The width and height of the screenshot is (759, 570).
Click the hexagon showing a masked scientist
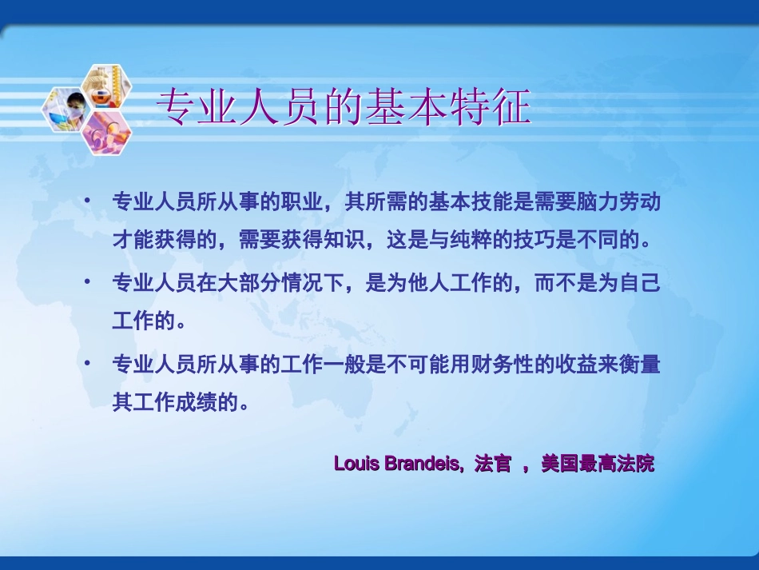tap(67, 110)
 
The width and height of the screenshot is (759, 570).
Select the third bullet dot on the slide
tap(88, 364)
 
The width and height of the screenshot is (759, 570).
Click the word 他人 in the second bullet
tap(435, 283)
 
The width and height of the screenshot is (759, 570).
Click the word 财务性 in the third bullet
tap(487, 365)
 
